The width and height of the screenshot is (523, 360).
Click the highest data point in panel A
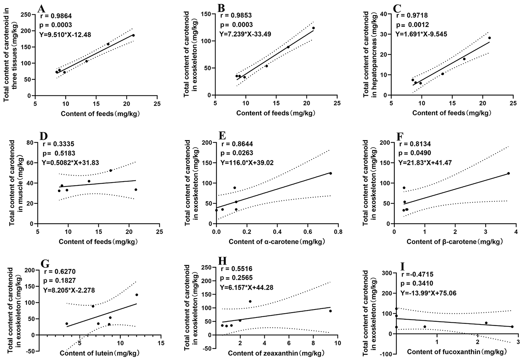[133, 35]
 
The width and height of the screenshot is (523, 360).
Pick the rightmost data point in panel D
[136, 190]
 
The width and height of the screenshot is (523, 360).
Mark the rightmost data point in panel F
[508, 173]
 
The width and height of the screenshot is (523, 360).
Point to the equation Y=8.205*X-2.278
[69, 290]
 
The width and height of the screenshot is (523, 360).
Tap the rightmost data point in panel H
[330, 311]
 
